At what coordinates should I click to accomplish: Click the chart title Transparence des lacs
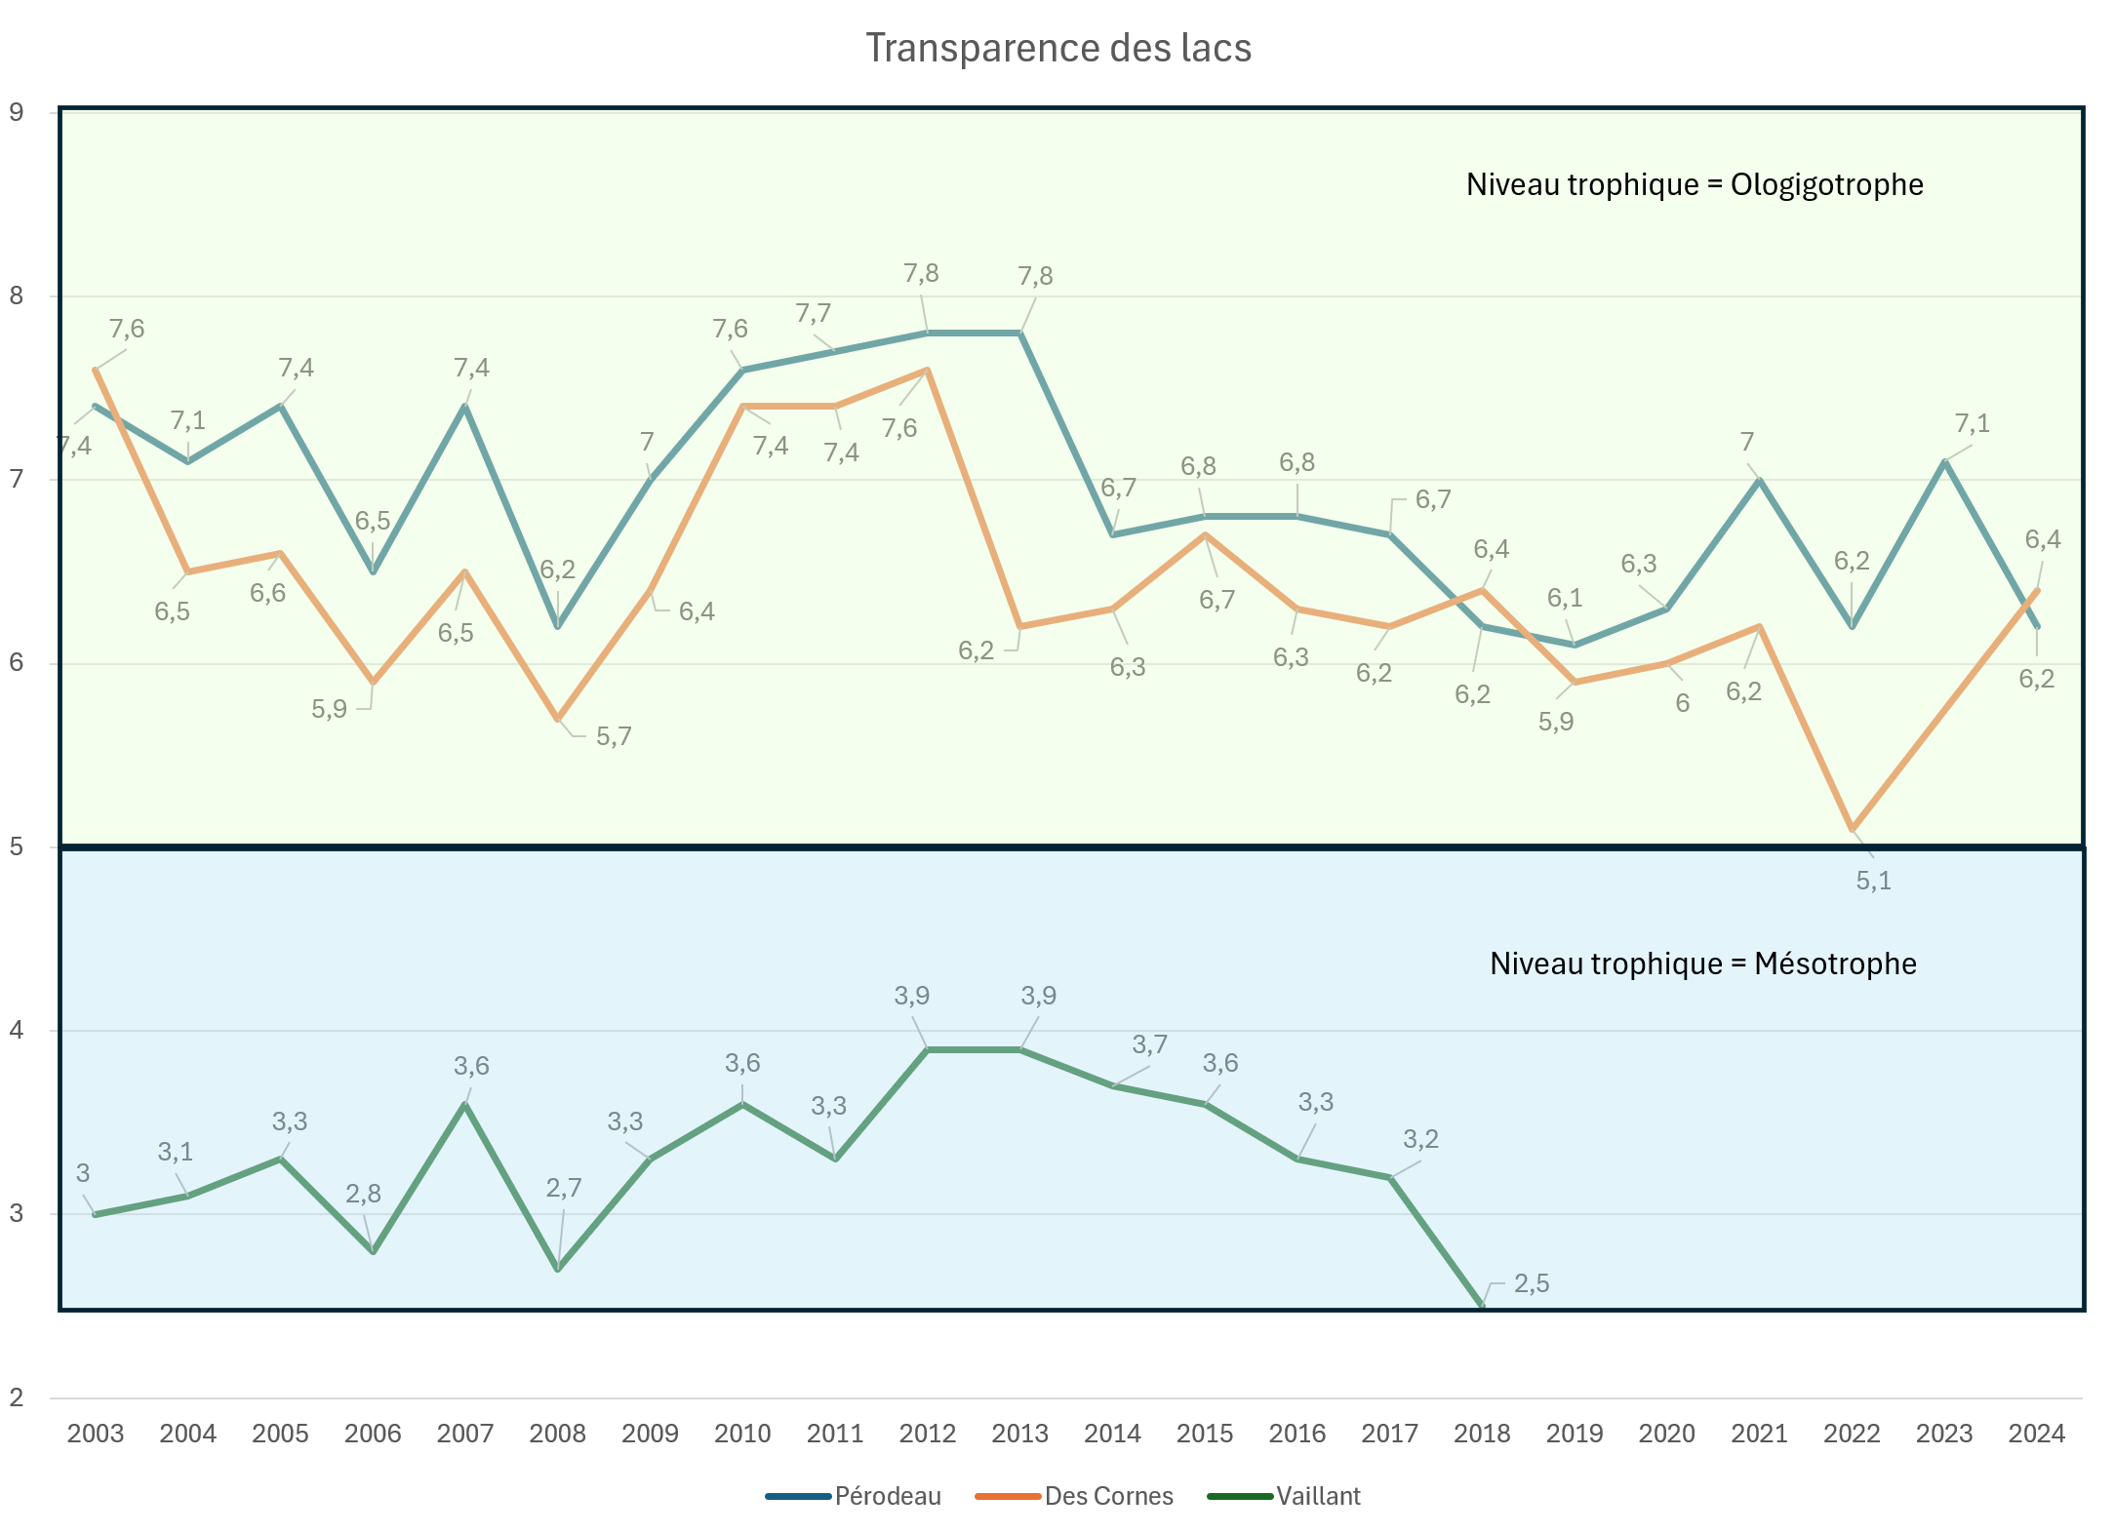1057,48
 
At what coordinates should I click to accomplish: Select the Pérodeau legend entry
887,1496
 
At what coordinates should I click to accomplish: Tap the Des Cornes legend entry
1108,1496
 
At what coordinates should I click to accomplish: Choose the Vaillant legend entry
1318,1496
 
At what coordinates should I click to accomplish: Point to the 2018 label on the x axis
1482,1434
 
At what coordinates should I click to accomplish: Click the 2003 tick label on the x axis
96,1434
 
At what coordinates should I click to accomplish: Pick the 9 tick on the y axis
17,112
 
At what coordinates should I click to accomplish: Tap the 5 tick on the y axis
17,846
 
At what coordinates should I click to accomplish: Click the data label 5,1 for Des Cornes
1873,881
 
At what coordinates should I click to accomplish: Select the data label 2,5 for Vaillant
1532,1283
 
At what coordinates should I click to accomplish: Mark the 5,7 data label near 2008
614,736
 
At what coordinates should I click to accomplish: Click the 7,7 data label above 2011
813,313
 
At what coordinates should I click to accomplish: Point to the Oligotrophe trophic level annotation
1695,184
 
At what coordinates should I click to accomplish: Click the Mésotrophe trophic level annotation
1702,964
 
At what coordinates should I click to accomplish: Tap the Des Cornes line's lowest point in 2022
1852,829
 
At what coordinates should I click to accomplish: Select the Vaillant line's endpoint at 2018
1482,1305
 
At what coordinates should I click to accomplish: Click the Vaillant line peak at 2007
465,1104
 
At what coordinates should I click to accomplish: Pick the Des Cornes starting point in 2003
96,370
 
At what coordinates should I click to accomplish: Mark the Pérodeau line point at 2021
1759,480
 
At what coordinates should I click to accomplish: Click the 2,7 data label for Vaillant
564,1188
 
